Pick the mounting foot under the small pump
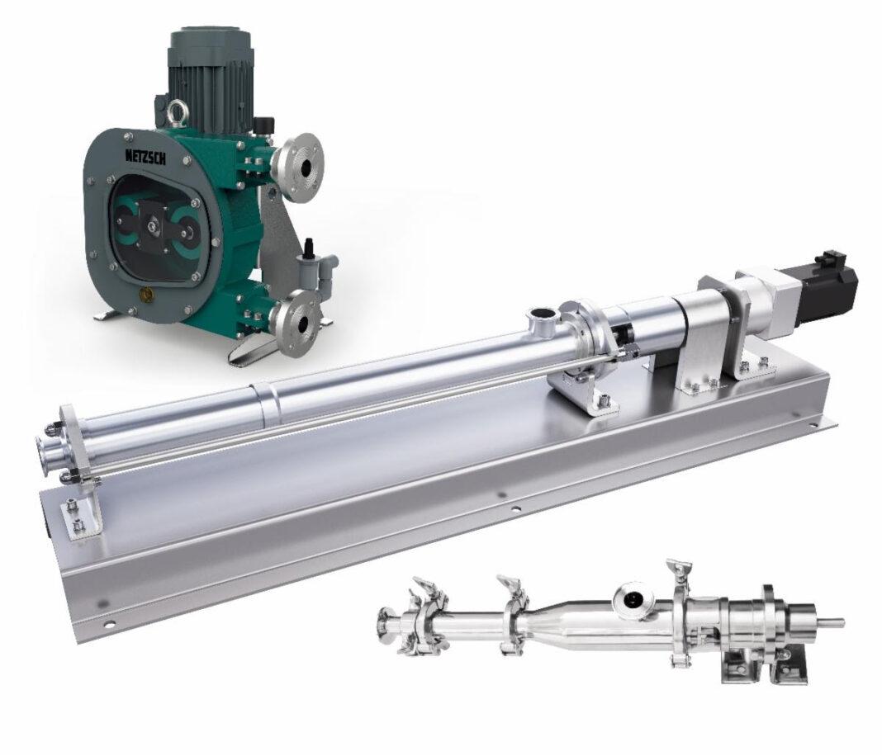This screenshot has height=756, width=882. pyautogui.click(x=747, y=669)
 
